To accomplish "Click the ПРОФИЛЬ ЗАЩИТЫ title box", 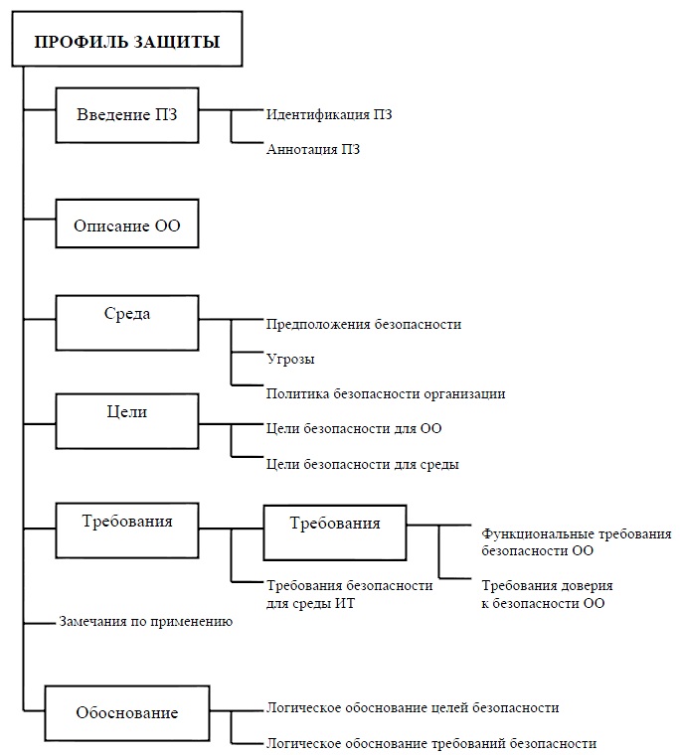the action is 126,39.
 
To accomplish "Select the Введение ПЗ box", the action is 127,115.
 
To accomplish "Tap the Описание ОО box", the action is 127,224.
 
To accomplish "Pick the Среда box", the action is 127,323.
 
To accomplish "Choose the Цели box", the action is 127,421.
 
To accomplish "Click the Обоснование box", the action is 127,713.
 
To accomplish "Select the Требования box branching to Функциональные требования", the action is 335,532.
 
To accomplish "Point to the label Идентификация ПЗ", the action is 329,114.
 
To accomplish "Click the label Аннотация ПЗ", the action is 313,149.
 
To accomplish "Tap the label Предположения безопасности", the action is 364,325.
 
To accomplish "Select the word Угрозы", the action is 290,360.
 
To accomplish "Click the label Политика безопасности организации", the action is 386,393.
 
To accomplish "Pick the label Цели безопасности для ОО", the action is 354,428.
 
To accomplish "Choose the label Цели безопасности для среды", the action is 363,465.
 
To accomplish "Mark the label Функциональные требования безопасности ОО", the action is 577,542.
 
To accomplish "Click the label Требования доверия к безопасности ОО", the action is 547,594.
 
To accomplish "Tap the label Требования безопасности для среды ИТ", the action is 350,594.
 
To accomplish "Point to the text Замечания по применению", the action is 146,622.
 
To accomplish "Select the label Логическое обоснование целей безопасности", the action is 413,707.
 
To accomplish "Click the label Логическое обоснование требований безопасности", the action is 431,743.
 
